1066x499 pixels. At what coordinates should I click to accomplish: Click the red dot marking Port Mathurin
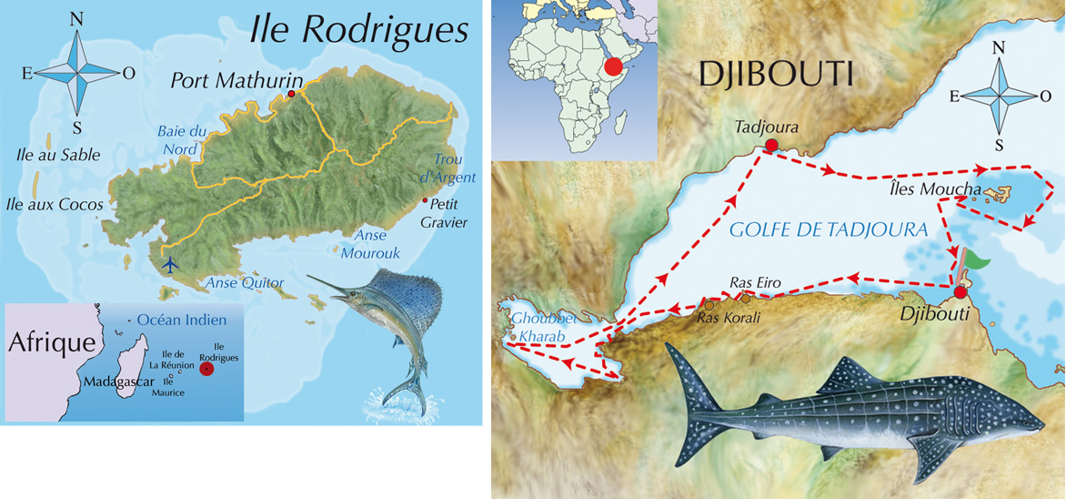point(291,94)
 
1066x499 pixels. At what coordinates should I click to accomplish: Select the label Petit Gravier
point(446,211)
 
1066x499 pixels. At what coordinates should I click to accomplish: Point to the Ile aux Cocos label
point(54,204)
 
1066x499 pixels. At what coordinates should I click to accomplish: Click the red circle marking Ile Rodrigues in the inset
point(207,369)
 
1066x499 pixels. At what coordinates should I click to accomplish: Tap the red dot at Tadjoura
point(771,145)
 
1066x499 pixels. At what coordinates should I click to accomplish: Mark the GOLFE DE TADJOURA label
point(829,231)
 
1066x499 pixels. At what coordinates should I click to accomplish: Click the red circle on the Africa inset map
point(614,66)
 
